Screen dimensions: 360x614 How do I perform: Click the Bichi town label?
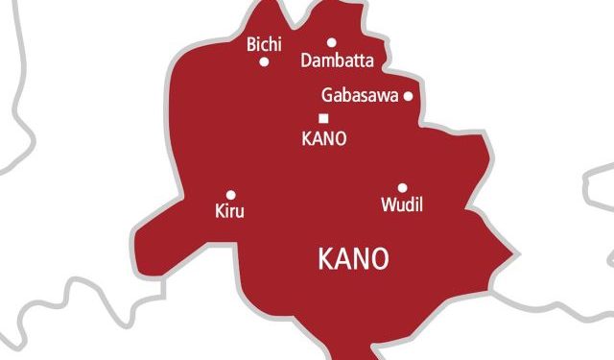[264, 44]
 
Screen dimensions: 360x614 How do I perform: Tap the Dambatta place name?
[337, 60]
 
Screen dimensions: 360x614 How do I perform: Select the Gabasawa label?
[359, 96]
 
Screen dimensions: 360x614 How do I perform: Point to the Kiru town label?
[230, 211]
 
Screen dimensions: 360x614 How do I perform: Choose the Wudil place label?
[402, 205]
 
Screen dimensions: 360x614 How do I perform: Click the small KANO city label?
[323, 137]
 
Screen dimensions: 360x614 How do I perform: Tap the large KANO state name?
[352, 259]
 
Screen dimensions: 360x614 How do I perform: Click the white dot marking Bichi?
[264, 61]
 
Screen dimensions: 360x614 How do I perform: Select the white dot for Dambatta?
[332, 42]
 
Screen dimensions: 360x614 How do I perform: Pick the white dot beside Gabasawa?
[408, 96]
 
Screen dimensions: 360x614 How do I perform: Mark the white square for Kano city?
[323, 118]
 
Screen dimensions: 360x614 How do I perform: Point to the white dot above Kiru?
[230, 194]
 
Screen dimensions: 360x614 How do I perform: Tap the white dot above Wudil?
[402, 188]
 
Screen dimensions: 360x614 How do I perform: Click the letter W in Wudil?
[388, 205]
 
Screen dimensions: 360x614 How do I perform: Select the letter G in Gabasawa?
[326, 96]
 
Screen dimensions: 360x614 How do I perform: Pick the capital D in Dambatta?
[306, 60]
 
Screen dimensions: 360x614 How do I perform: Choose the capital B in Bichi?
[251, 44]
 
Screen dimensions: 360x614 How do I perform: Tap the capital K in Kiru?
[222, 211]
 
